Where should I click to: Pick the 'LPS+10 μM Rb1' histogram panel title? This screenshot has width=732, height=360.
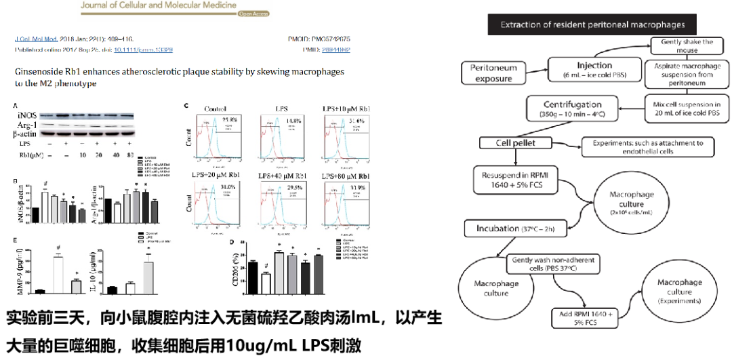tap(346, 108)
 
